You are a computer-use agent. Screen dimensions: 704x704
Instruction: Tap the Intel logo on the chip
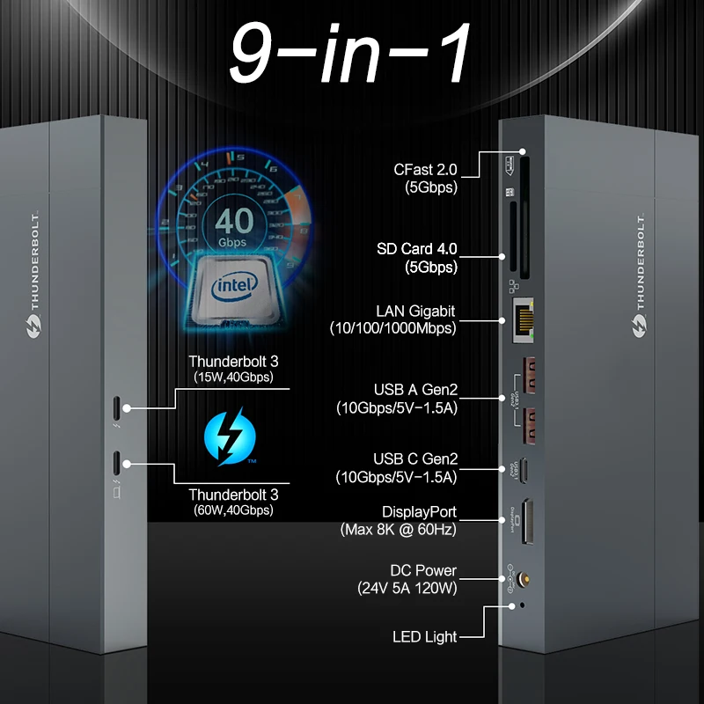[x=235, y=285]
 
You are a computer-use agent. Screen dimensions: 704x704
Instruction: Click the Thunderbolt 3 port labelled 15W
[x=119, y=408]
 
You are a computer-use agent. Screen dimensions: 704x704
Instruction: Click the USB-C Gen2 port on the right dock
[x=525, y=469]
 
